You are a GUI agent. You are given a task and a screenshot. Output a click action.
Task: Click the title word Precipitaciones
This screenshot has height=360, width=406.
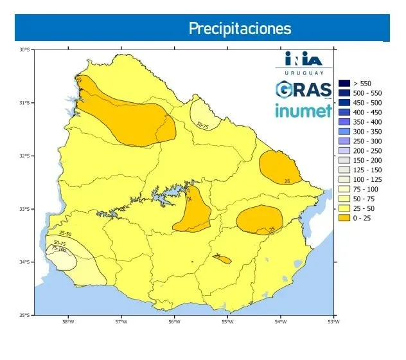pyautogui.click(x=239, y=29)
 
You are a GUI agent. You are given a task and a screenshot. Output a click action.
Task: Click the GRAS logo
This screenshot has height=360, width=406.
pyautogui.click(x=303, y=89)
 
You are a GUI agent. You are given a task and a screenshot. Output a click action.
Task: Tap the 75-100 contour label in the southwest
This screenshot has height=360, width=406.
pyautogui.click(x=58, y=249)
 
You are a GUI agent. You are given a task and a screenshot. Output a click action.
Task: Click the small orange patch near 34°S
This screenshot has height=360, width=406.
pyautogui.click(x=222, y=258)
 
